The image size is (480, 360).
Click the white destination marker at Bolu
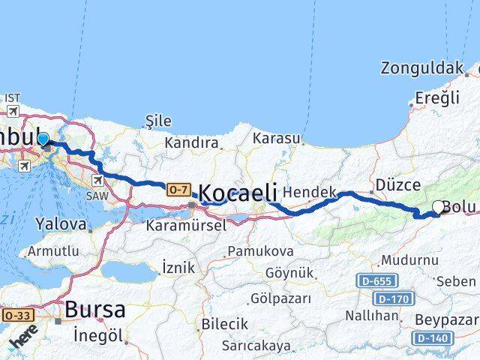[x=439, y=207]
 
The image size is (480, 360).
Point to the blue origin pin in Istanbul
[x=43, y=139]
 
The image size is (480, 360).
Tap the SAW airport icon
[x=99, y=180]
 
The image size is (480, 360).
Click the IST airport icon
[x=13, y=110]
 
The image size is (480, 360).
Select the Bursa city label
[x=94, y=309]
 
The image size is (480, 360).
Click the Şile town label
[x=157, y=121]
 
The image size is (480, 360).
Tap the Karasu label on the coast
[x=276, y=139]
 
